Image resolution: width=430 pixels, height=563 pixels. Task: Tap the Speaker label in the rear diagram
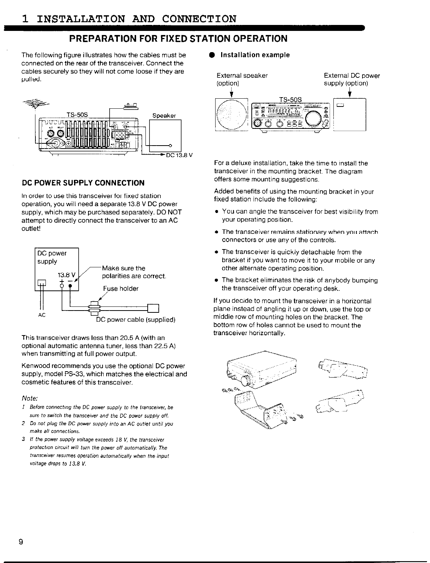pos(164,116)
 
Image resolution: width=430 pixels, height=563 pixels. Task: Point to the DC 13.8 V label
pos(179,156)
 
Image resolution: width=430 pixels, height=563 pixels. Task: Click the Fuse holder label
pos(121,289)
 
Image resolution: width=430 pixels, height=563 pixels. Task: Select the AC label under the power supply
pos(42,315)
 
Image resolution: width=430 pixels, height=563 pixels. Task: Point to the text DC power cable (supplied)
pos(136,320)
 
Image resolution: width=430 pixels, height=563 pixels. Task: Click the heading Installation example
pos(255,55)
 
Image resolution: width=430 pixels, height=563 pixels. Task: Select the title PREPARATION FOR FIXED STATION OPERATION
pos(179,38)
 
